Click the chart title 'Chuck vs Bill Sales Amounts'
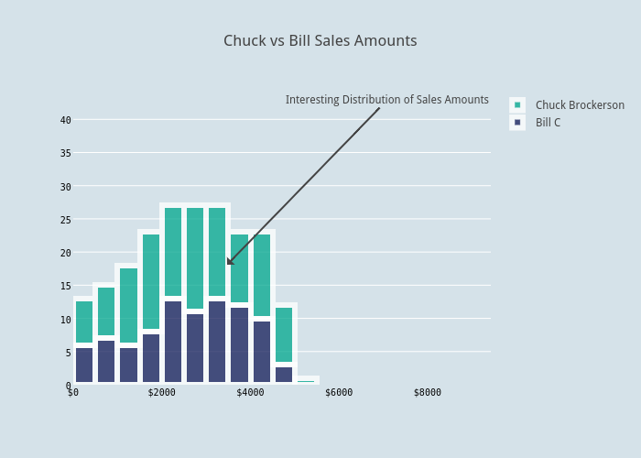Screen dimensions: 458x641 tap(320, 41)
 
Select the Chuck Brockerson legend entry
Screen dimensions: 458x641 tap(580, 105)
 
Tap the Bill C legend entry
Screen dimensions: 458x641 tap(548, 123)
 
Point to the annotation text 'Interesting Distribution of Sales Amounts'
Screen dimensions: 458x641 tap(386, 100)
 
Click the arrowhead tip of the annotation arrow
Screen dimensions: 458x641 tap(228, 265)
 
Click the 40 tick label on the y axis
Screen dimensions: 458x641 tap(65, 120)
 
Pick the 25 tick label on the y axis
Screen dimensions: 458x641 tap(65, 220)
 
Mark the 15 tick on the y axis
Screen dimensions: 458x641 tap(65, 286)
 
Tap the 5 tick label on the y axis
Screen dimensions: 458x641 tap(68, 353)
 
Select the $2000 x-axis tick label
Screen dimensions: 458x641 tap(161, 393)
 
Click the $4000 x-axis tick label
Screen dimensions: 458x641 tap(250, 393)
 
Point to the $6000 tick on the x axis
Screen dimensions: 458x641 tap(339, 393)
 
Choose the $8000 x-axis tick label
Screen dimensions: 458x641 tap(427, 393)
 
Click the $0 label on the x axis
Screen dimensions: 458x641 tap(73, 393)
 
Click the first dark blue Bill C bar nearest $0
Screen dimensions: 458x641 tap(84, 365)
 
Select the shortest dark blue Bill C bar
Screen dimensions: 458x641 tap(284, 375)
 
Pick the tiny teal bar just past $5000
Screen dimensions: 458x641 tap(306, 381)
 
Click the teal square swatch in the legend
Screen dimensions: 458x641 tap(517, 105)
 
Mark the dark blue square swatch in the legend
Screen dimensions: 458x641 tap(517, 123)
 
